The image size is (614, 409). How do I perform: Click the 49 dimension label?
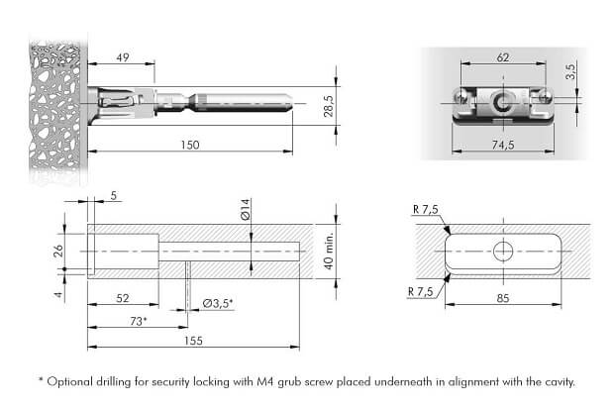(123, 57)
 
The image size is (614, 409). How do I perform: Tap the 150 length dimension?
(190, 146)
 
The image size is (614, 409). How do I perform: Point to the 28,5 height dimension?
(329, 106)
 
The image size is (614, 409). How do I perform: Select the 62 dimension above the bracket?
(503, 57)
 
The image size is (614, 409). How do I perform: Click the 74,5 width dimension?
(503, 145)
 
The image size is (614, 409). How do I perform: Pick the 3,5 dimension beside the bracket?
(570, 71)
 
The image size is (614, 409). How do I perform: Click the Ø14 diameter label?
(246, 209)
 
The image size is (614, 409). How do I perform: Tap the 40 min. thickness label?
(329, 251)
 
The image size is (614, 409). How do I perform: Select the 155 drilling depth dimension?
(193, 341)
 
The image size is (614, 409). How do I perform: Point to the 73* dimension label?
(139, 321)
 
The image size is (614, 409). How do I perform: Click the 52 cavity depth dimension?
(123, 298)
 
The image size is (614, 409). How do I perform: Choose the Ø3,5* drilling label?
(218, 303)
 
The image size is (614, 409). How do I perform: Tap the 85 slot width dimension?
(503, 298)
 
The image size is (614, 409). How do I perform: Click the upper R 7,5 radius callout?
(426, 210)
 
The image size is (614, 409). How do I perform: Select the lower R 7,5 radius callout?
(421, 292)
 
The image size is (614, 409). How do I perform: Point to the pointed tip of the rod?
(292, 103)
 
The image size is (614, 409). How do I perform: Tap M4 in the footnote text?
(265, 381)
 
